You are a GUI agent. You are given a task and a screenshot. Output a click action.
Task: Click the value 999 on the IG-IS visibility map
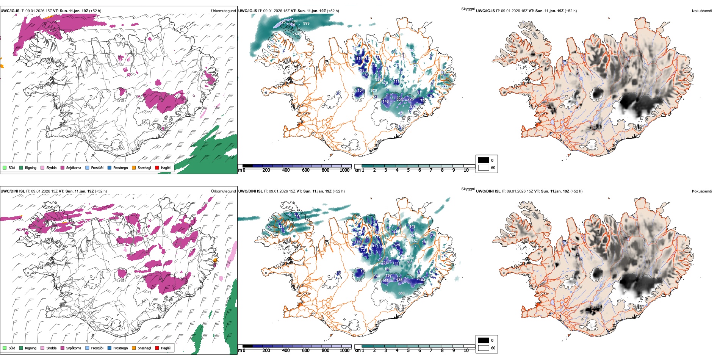(306, 23)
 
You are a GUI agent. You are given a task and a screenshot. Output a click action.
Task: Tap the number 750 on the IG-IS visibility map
(296, 34)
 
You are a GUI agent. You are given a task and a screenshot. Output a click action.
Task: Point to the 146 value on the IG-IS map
(385, 102)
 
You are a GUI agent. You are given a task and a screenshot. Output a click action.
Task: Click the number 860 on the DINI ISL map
(401, 293)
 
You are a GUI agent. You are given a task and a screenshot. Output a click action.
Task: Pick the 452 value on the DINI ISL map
(270, 227)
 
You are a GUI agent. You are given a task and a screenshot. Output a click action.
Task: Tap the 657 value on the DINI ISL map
(415, 241)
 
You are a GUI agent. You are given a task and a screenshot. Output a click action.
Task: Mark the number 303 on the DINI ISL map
(409, 262)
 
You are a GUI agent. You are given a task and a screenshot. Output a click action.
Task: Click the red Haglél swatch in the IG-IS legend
(157, 167)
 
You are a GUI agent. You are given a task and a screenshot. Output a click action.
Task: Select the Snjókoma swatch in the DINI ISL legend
(63, 348)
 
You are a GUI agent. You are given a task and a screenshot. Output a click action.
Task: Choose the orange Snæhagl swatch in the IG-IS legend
(134, 167)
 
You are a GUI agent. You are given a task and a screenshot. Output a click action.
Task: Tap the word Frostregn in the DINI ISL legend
(120, 348)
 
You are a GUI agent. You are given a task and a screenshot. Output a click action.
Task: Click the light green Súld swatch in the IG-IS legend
(5, 167)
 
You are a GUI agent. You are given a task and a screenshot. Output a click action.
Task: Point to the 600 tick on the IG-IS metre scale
(305, 170)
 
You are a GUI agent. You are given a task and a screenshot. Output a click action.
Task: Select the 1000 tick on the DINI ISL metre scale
(344, 351)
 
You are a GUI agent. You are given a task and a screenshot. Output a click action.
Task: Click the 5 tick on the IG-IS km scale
(408, 170)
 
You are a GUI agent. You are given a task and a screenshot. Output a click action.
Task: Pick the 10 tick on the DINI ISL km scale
(466, 351)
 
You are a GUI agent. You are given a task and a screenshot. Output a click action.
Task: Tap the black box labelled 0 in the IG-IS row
(484, 160)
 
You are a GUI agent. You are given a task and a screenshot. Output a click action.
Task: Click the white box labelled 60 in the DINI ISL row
(484, 348)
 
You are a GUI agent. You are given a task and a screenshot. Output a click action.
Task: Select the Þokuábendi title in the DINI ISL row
(702, 191)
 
